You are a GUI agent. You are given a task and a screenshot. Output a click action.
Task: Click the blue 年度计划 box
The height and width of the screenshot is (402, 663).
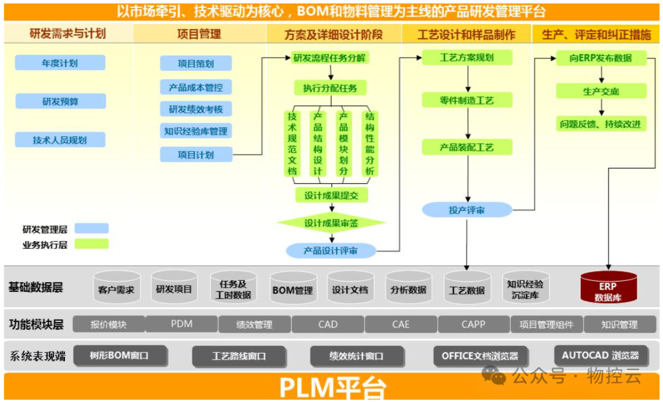point(60,63)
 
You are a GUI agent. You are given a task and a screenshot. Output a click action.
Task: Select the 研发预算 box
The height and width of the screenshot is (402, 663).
point(60,101)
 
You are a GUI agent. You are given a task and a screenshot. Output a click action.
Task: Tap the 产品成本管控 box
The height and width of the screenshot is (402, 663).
point(196,87)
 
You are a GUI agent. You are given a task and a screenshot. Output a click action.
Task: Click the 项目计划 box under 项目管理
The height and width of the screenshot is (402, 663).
point(196,154)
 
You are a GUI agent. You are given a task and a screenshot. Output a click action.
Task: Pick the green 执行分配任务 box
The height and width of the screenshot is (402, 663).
point(330,88)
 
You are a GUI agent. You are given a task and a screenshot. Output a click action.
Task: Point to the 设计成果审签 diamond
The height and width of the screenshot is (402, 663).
point(331,223)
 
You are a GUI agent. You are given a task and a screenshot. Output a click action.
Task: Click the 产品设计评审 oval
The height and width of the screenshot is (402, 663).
point(331,250)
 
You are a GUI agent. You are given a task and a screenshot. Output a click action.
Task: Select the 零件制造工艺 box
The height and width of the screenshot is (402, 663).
point(467,100)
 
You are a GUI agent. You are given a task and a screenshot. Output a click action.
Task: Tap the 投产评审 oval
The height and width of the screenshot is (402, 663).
point(467,210)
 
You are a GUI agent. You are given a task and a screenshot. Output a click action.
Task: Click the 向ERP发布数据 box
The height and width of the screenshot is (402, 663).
point(601,58)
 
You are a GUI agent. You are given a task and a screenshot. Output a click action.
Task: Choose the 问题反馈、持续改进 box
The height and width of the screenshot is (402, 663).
point(601,124)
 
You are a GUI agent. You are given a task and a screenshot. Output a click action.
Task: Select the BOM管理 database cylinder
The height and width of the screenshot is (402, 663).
point(292,287)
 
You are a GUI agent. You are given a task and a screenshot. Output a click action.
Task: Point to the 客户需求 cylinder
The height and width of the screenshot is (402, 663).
point(116,287)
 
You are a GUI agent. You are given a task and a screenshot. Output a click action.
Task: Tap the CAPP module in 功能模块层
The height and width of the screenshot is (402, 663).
point(473,324)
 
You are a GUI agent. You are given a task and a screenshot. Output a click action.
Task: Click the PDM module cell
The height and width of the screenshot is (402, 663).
point(182,324)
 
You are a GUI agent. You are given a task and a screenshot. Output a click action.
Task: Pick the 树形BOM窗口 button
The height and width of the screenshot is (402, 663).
point(119,355)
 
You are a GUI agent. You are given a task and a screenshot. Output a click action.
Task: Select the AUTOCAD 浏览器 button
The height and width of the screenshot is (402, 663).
point(600,355)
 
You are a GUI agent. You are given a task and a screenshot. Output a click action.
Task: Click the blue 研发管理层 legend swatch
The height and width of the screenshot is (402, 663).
point(91,229)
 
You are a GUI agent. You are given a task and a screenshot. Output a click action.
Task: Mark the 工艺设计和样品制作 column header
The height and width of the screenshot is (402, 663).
point(467,34)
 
